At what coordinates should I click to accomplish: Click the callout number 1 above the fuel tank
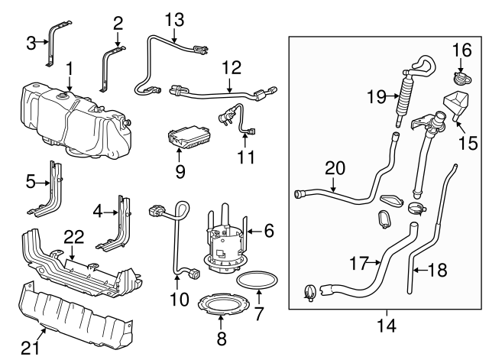click(x=69, y=69)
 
